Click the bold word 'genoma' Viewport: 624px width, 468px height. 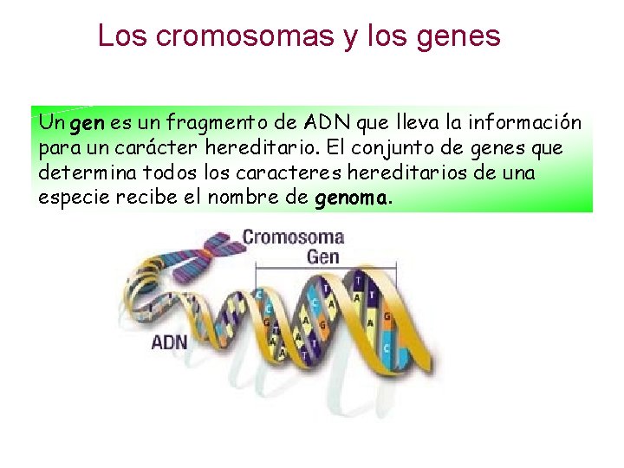tap(350, 198)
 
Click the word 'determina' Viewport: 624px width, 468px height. tap(82, 172)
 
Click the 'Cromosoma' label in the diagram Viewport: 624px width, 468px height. tap(293, 237)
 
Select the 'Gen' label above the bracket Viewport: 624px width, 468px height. tap(323, 257)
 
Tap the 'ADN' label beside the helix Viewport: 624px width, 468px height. tap(169, 341)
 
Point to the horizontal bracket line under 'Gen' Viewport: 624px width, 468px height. tap(324, 269)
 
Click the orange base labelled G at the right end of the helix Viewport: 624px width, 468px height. tap(387, 318)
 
